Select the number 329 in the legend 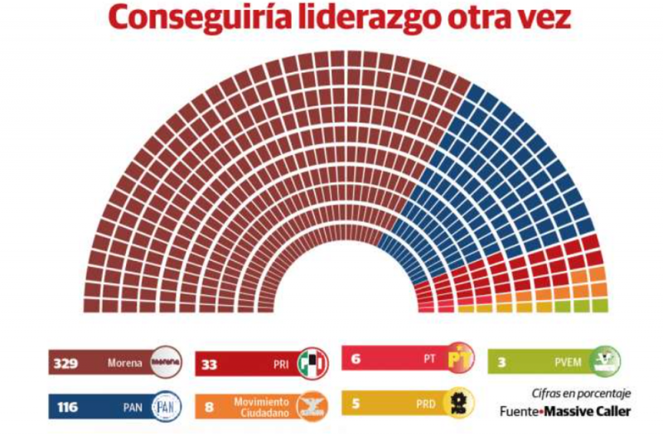[65, 363]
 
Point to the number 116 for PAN [65, 407]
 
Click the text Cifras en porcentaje [581, 393]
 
